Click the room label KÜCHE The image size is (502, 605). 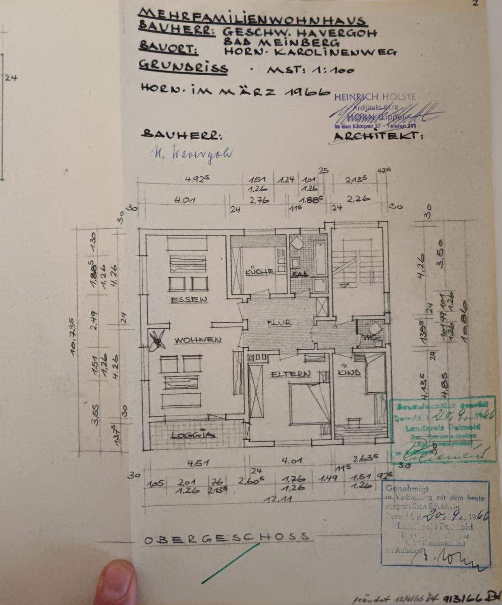(x=259, y=272)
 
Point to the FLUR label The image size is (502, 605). (x=278, y=323)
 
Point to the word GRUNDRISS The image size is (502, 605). (x=183, y=68)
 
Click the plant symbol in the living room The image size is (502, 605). (x=158, y=340)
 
